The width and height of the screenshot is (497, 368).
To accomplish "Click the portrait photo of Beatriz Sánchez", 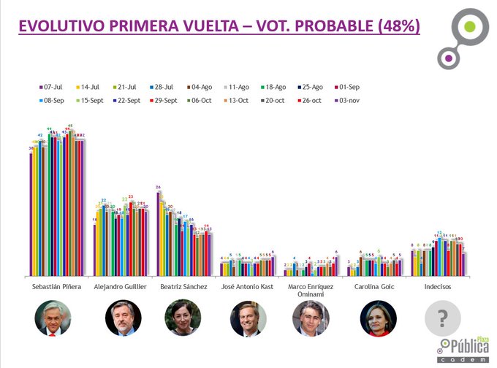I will (x=183, y=318).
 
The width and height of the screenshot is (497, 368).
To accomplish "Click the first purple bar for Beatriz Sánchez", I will (x=159, y=234).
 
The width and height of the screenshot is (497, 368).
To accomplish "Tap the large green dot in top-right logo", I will (x=470, y=28).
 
